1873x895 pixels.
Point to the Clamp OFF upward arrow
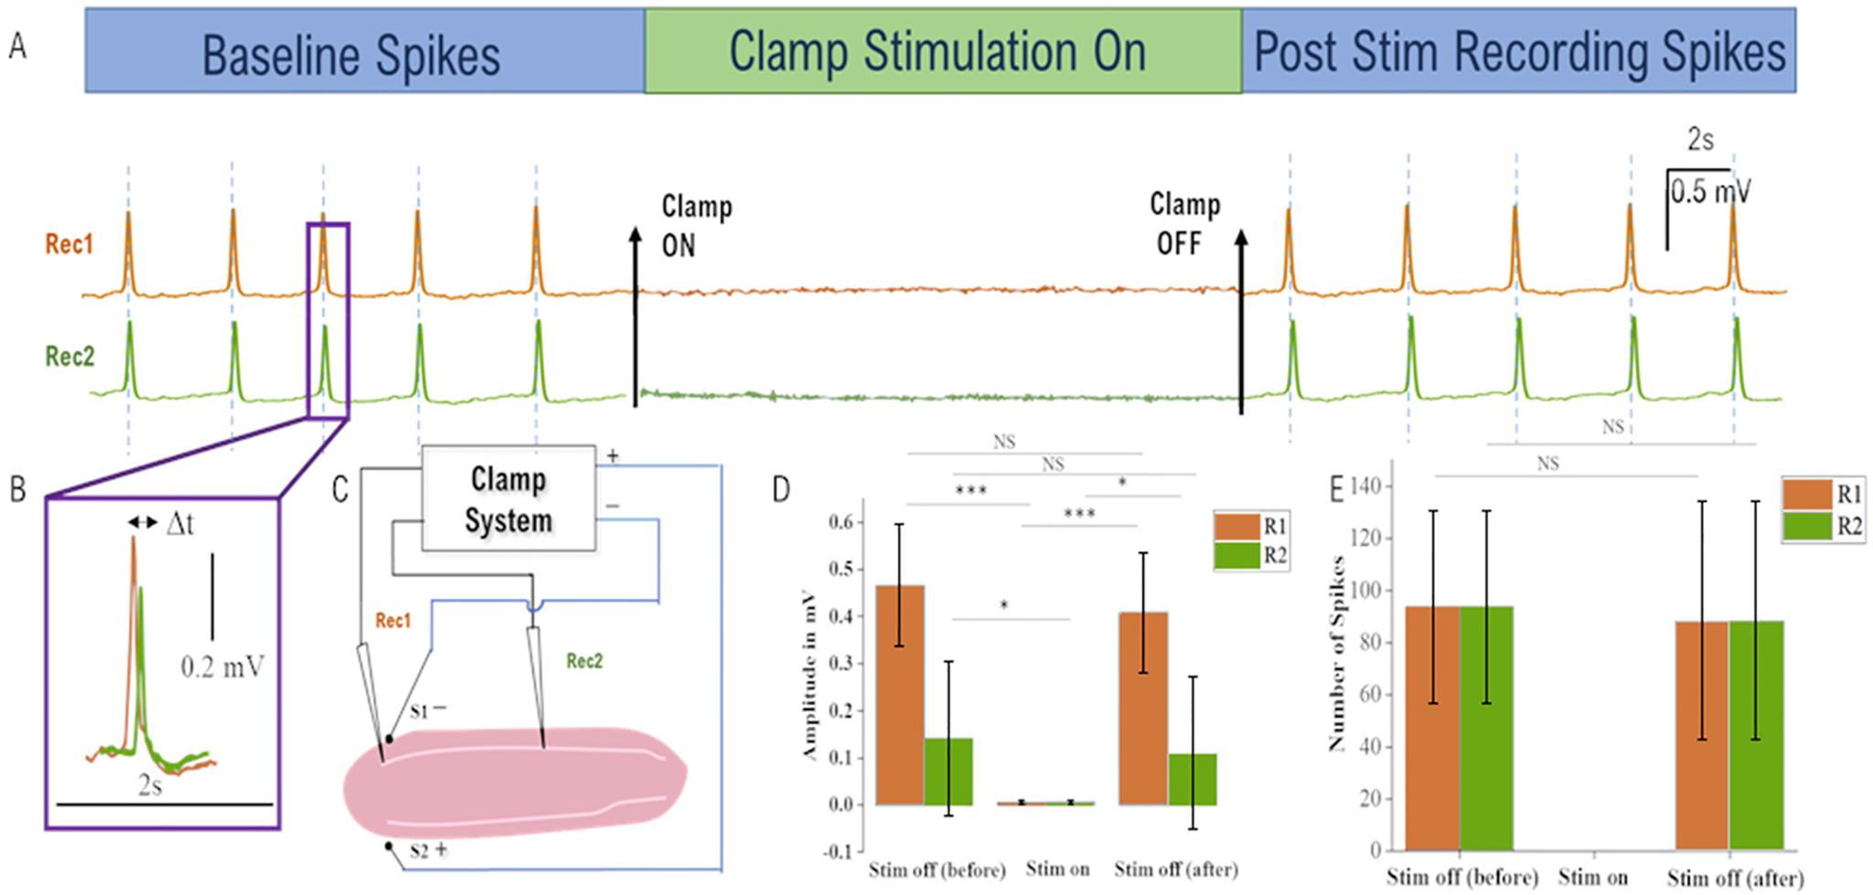1241,320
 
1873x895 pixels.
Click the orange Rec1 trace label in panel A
70,245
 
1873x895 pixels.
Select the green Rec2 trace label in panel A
70,356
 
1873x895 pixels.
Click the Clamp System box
508,499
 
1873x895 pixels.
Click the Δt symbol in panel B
179,524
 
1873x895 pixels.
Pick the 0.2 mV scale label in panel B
222,667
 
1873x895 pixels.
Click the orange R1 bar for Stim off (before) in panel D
900,695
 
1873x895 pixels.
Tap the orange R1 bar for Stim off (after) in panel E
1701,735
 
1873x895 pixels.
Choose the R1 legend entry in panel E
1824,495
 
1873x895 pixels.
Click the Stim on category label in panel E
1592,877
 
